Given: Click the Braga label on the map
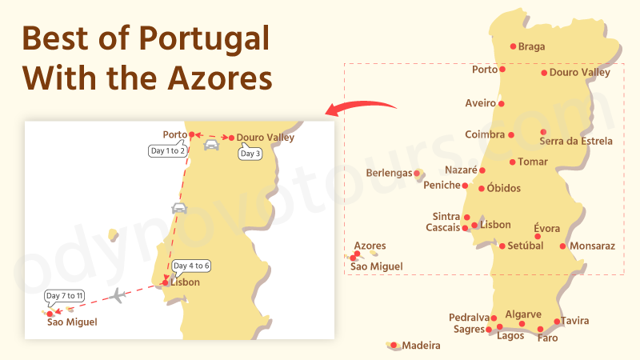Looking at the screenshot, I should [x=531, y=46].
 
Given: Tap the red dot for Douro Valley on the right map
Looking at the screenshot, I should [x=544, y=73].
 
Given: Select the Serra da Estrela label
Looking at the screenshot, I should [x=576, y=142].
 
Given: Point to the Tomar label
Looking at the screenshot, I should [x=533, y=162].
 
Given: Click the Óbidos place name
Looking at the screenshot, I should [x=503, y=189].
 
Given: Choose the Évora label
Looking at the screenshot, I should [x=546, y=229].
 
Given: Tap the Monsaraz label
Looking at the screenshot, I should [x=593, y=246].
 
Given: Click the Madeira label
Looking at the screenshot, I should [x=421, y=346].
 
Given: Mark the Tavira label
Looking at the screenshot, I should [x=574, y=322].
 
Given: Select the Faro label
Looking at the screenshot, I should [x=548, y=338].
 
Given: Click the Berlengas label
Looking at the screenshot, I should [x=389, y=173].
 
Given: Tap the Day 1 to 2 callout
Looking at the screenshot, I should [x=168, y=150].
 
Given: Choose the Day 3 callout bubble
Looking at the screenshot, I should [x=250, y=153].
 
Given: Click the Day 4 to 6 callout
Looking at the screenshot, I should [x=191, y=266].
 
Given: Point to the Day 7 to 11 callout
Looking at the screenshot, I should [x=65, y=296].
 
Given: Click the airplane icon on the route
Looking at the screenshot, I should [x=118, y=296].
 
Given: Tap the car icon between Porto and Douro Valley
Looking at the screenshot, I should [x=211, y=145].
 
